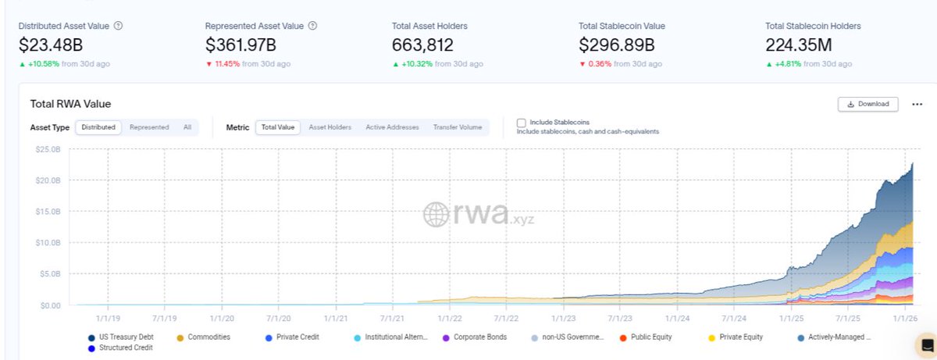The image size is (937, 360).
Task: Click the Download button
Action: (868, 104)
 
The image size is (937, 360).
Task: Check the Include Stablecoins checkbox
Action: (522, 123)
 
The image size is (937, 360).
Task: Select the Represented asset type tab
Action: (149, 127)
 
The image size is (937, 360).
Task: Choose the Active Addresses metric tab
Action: (392, 127)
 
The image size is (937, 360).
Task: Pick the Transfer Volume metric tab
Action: (458, 127)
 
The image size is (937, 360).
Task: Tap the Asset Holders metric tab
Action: (330, 127)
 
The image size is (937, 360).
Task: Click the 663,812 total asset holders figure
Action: (422, 45)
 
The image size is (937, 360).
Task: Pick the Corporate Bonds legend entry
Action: (480, 337)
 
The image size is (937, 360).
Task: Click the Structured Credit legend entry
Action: (124, 347)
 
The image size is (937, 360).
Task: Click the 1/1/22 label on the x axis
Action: (450, 318)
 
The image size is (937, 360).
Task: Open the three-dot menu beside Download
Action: (917, 104)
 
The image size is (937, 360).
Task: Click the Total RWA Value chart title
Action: (70, 104)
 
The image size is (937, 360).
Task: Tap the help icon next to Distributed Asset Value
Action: (118, 26)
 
